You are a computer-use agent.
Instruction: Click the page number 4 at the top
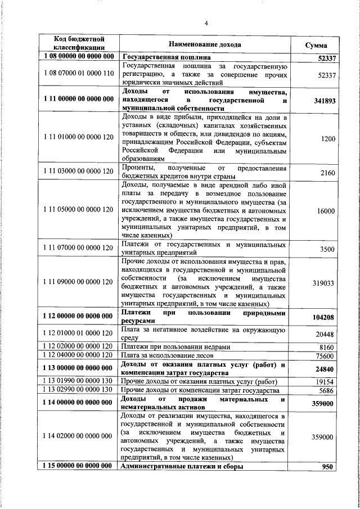click(x=206, y=23)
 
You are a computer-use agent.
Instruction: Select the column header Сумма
click(x=316, y=44)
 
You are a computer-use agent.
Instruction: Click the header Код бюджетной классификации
click(x=79, y=44)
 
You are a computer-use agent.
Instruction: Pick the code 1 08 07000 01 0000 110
click(x=79, y=74)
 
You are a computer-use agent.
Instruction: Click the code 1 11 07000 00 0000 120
click(x=79, y=248)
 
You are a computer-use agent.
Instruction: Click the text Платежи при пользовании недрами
click(x=175, y=347)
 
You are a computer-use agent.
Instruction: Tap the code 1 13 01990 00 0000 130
click(x=79, y=381)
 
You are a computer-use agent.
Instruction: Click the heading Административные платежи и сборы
click(x=182, y=467)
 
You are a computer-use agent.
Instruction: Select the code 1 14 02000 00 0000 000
click(x=79, y=436)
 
